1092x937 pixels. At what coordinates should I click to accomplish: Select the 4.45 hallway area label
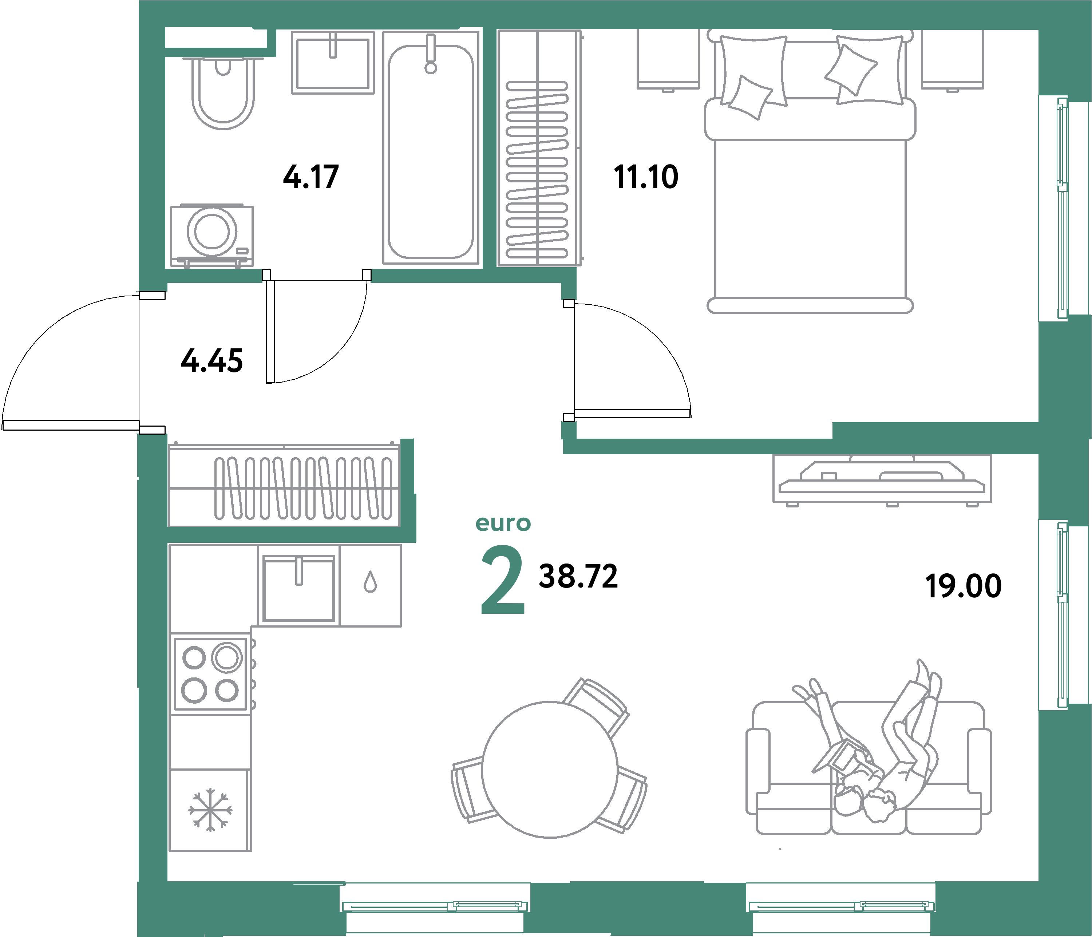212,361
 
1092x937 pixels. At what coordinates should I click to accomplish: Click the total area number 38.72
578,576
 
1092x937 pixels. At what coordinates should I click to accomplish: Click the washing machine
212,234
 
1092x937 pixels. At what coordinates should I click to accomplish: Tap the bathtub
431,153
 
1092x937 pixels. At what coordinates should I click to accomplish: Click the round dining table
550,770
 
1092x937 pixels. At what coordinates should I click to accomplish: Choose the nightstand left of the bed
668,59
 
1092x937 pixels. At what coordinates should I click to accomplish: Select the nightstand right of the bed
952,59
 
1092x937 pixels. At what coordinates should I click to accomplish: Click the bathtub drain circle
431,68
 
